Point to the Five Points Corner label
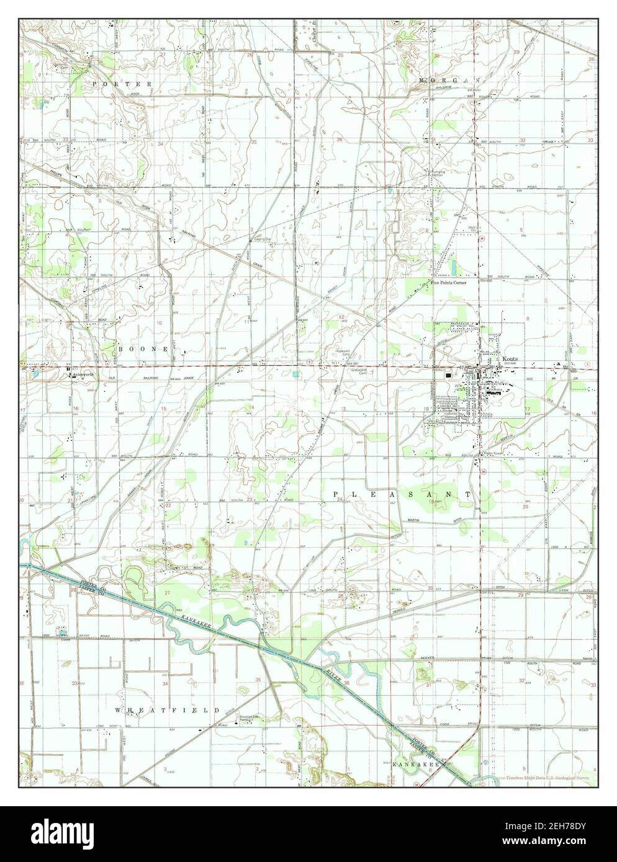click(x=448, y=283)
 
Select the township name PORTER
click(x=122, y=83)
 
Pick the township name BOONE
click(x=143, y=350)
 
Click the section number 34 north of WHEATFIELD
click(x=165, y=683)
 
